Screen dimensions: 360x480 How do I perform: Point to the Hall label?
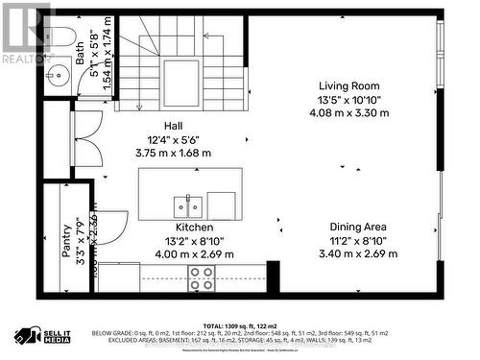(x=174, y=126)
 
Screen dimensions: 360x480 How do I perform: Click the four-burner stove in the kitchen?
(x=201, y=278)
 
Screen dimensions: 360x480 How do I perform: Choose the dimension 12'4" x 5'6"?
(x=174, y=138)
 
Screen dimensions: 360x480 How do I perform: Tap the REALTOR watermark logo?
(x=26, y=34)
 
